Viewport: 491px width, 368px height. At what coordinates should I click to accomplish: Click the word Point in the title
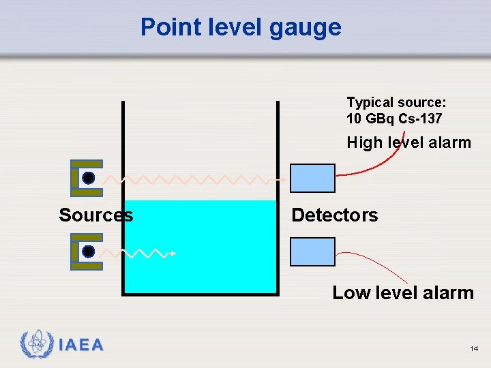pos(162,27)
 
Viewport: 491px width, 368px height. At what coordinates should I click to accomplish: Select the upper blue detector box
pos(313,179)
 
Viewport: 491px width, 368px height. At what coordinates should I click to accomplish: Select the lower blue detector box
pos(313,251)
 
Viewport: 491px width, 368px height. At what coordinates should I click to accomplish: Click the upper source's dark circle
pos(89,178)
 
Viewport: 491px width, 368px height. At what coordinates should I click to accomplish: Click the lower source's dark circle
pos(89,251)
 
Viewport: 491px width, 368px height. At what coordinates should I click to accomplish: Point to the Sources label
pos(96,215)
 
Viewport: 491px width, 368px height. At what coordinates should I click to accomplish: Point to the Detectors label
pos(334,215)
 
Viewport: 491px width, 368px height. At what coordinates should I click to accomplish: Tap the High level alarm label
pos(408,143)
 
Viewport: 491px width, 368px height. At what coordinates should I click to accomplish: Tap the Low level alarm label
pos(402,293)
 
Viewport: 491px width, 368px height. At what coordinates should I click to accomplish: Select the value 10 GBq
pos(368,119)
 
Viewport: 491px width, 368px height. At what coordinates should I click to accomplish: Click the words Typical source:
pos(396,103)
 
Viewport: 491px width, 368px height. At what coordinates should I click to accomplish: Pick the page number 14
pos(474,349)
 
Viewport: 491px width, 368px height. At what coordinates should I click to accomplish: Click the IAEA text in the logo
pos(81,345)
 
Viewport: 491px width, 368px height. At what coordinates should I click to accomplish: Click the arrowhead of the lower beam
pos(174,254)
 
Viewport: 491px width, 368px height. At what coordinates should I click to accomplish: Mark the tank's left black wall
pos(123,198)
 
